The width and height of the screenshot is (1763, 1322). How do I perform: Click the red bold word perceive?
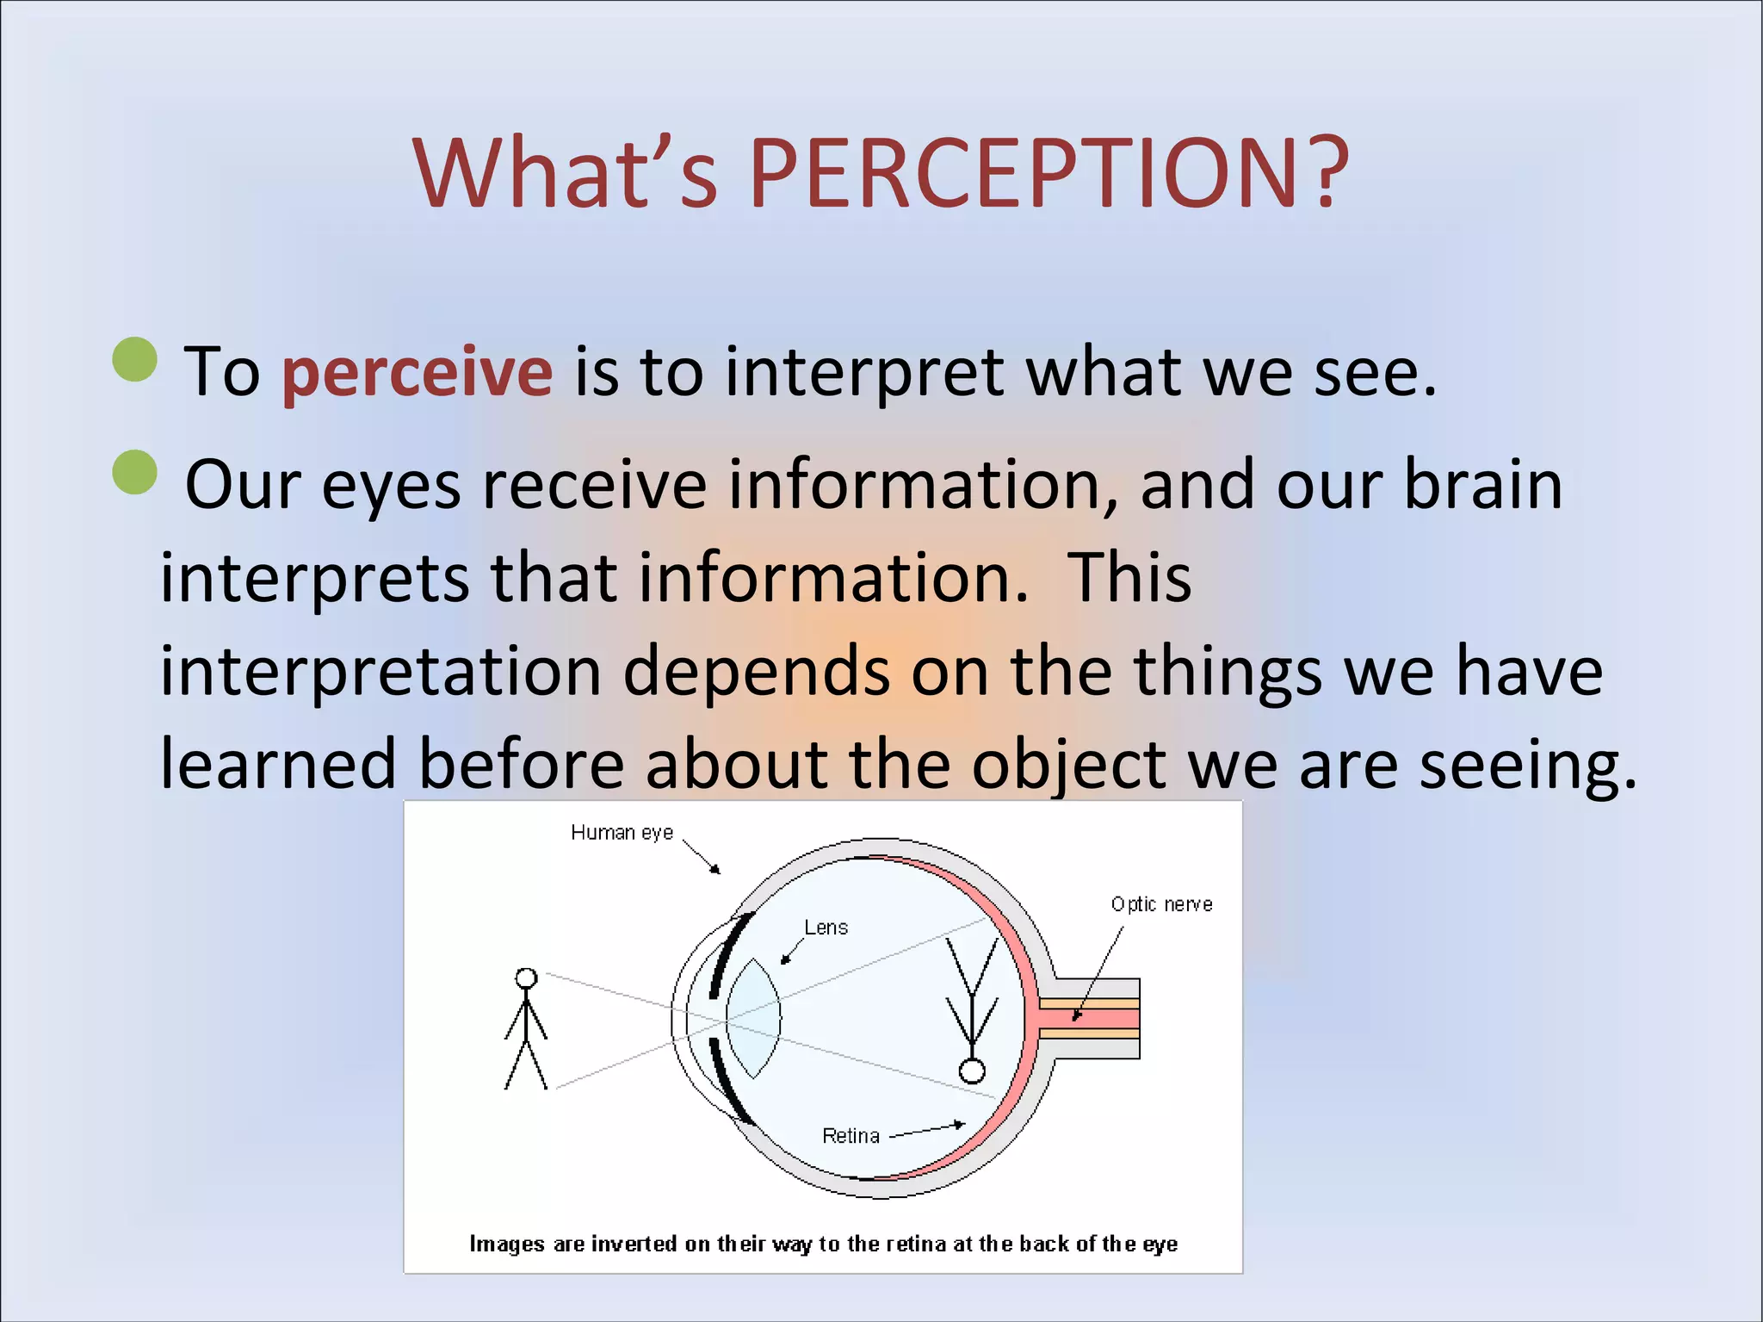[x=417, y=372]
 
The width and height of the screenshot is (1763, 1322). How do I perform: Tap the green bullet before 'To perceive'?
[x=135, y=359]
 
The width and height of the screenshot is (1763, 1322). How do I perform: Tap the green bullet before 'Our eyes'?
[x=135, y=472]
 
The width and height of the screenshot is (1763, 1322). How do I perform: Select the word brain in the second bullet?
[x=1482, y=485]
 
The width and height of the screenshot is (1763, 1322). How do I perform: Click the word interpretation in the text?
[x=380, y=671]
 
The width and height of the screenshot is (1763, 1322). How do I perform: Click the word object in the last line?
[x=1067, y=764]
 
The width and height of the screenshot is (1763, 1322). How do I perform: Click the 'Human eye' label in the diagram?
[x=622, y=833]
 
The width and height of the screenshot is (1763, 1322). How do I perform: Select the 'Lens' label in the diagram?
[x=826, y=928]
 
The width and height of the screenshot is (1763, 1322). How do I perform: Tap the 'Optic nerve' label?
[x=1161, y=904]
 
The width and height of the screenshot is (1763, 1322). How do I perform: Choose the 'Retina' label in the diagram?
[x=851, y=1136]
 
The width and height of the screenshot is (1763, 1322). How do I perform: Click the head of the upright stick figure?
[x=526, y=978]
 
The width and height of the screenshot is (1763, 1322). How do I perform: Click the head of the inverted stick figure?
[x=972, y=1071]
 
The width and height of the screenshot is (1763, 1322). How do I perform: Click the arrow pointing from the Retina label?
[x=928, y=1130]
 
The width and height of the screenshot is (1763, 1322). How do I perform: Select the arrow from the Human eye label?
[x=702, y=857]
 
